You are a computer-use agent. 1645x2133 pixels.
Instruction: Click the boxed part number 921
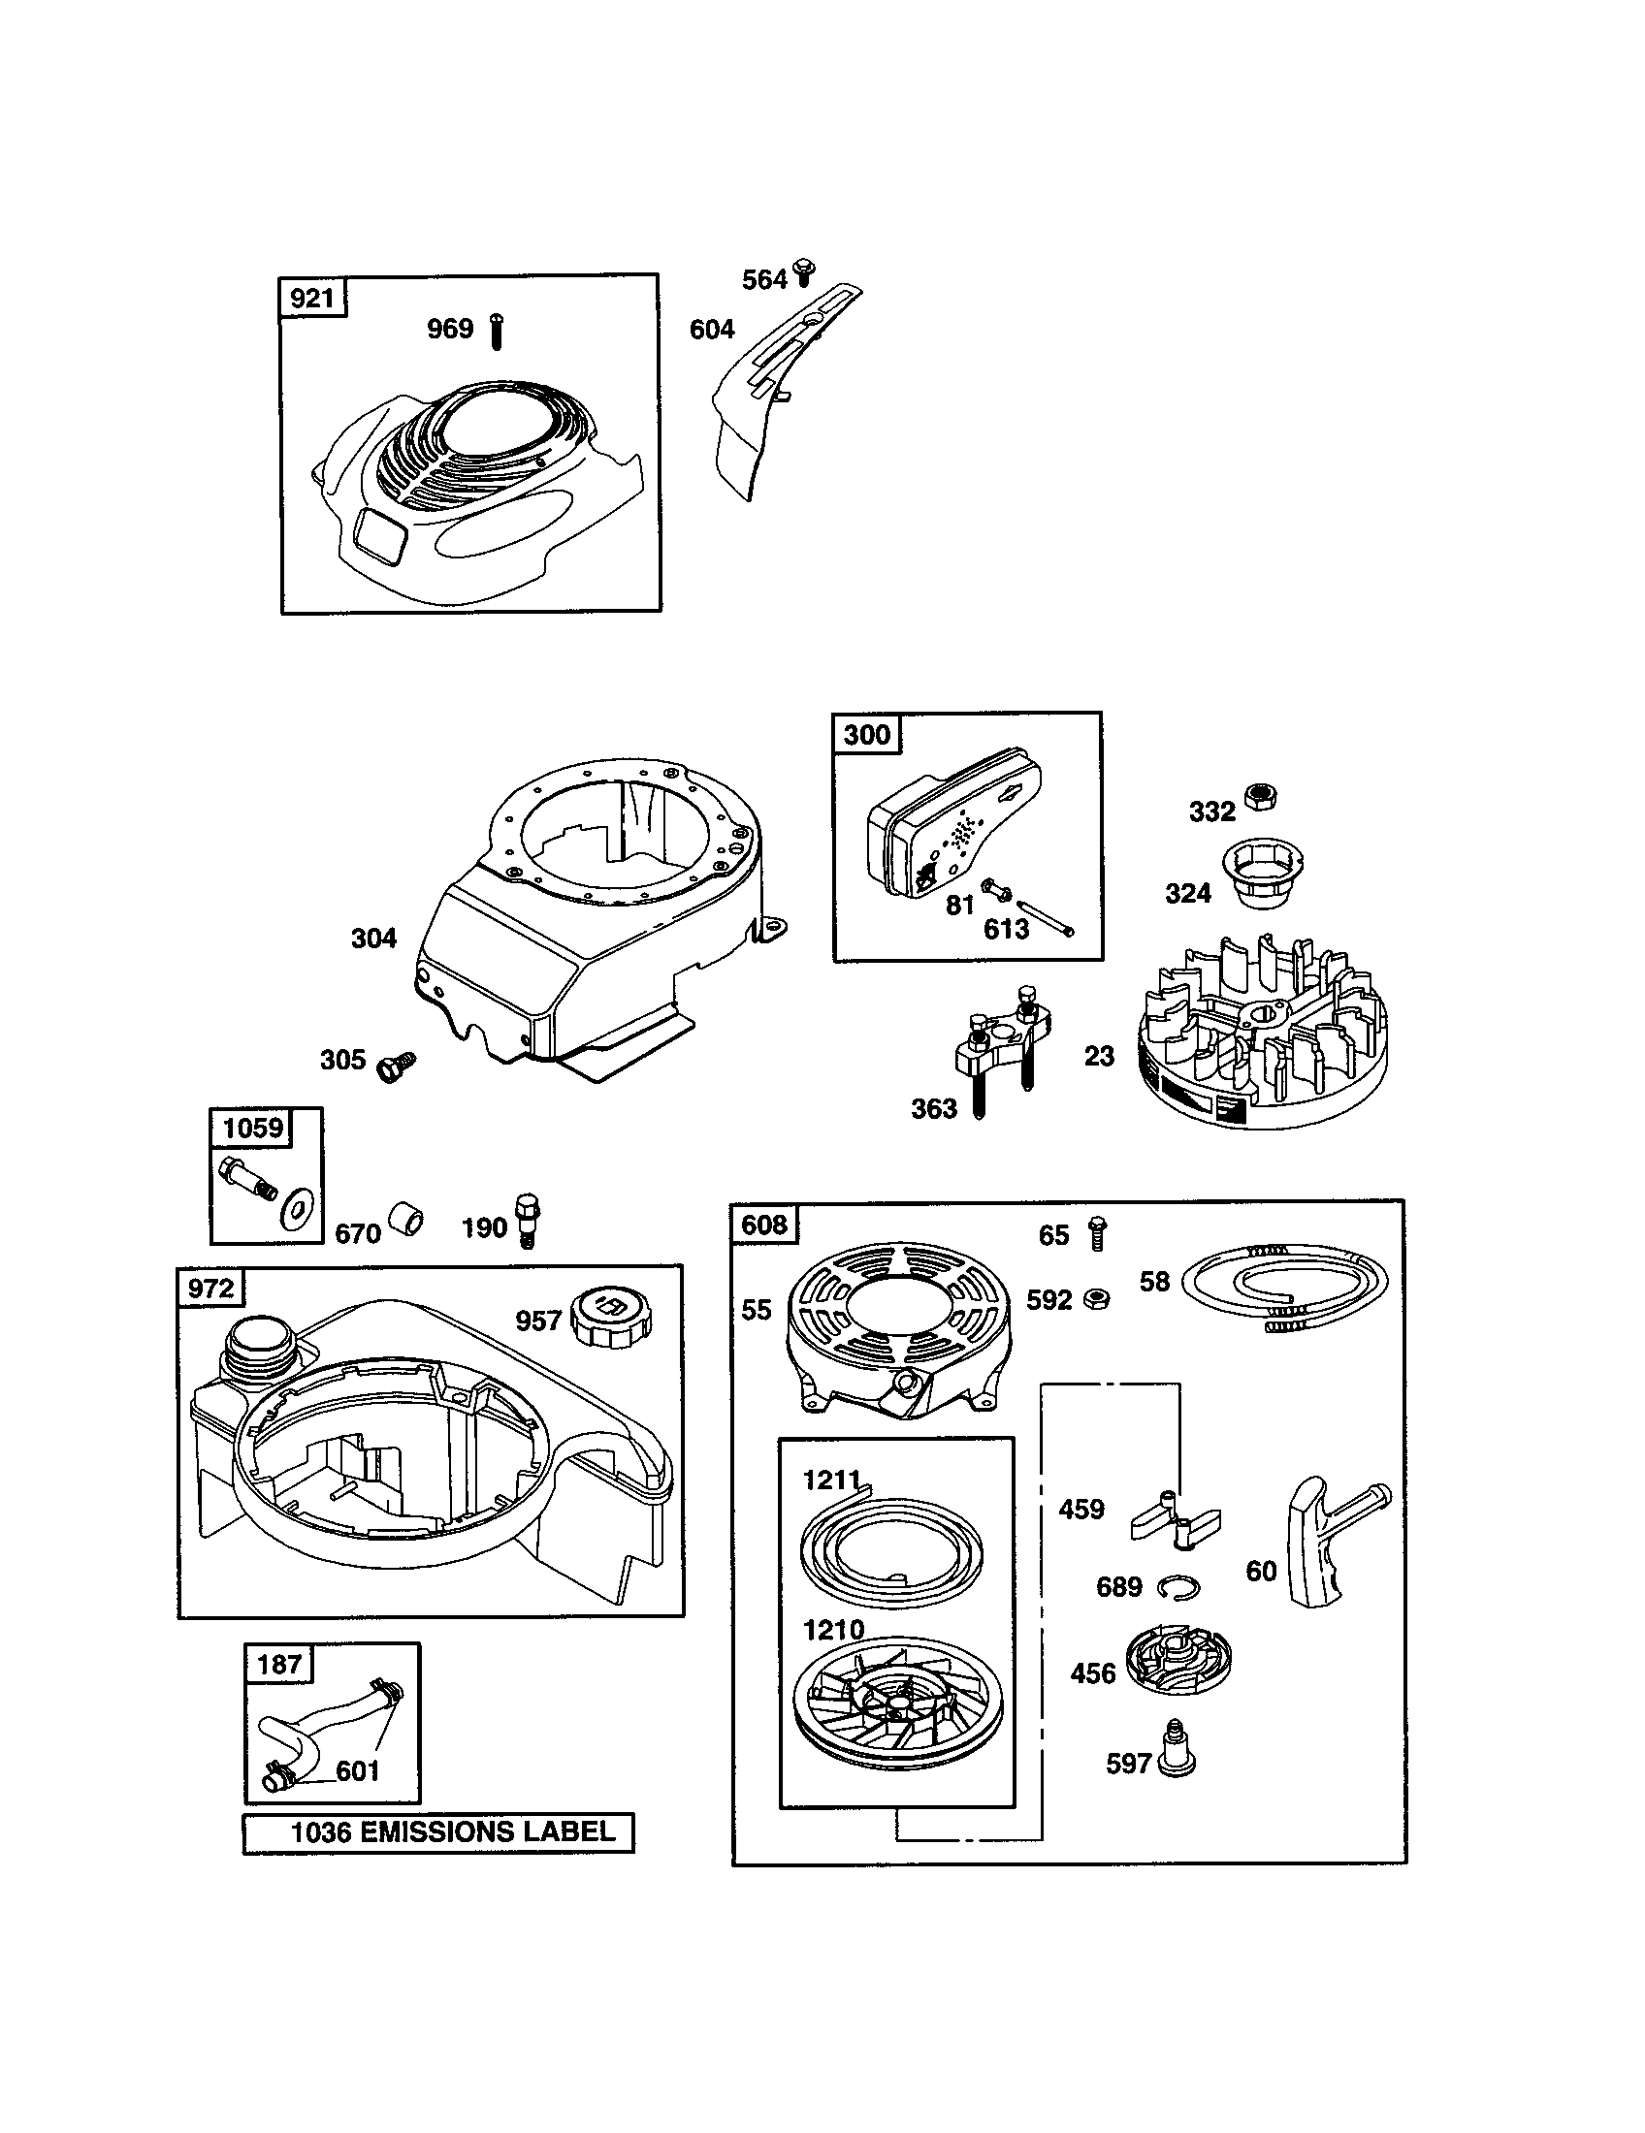[311, 298]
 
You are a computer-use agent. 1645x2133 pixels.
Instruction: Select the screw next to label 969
[497, 332]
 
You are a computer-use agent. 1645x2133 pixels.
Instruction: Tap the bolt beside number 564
[806, 272]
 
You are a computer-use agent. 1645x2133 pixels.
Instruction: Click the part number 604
[711, 330]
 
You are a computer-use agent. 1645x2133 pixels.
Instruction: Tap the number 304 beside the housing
[373, 939]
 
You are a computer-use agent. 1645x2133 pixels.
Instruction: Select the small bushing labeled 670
[405, 1220]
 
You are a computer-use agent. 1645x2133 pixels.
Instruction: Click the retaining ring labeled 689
[1178, 1589]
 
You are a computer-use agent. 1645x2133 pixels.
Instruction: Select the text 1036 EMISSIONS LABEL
[453, 1831]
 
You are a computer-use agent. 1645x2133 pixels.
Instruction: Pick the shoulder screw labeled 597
[1177, 1758]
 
